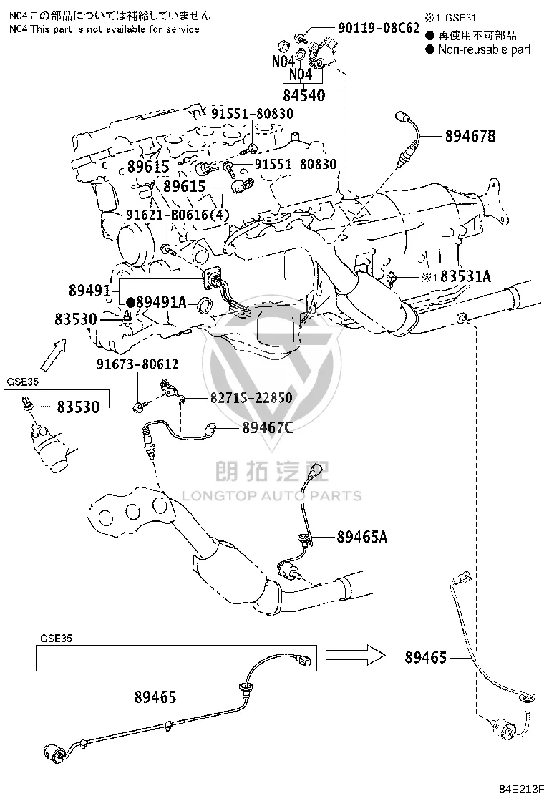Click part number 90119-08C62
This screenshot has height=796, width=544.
click(379, 27)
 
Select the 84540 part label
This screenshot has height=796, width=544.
click(304, 95)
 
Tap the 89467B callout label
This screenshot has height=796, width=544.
click(470, 136)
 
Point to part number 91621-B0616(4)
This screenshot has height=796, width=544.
click(178, 215)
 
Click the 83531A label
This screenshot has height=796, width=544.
click(465, 276)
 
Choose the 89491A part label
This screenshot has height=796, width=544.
click(161, 302)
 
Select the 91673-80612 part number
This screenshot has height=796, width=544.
click(137, 364)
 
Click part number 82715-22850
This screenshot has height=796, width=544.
click(251, 397)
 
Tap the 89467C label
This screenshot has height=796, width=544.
click(268, 428)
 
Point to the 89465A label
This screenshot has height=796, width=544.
click(361, 537)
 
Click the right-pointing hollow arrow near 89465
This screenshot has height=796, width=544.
click(355, 655)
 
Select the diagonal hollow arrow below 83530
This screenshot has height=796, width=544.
click(53, 355)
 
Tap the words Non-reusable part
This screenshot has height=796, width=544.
click(484, 49)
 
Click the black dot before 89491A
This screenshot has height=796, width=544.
click(130, 303)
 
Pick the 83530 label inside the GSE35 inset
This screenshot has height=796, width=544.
click(78, 407)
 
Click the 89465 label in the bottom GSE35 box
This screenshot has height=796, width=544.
click(155, 697)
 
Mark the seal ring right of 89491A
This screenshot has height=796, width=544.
click(205, 306)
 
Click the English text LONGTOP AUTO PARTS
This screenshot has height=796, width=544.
click(271, 495)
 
